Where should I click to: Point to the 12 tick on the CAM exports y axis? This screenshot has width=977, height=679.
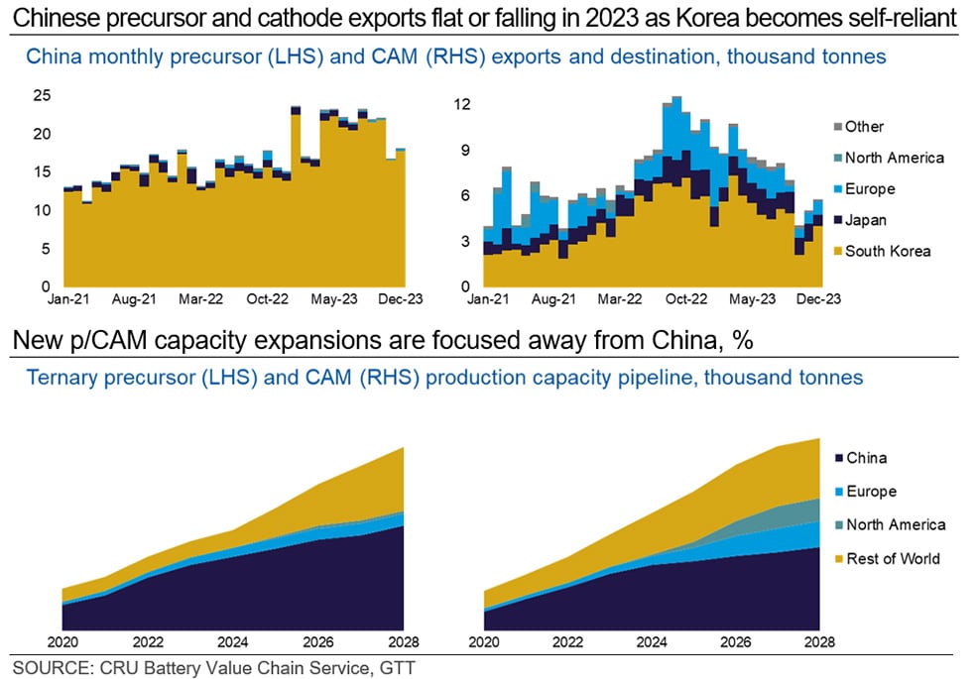tap(461, 104)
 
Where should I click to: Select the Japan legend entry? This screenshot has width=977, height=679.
tap(865, 220)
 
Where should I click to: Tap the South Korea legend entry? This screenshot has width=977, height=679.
tap(887, 251)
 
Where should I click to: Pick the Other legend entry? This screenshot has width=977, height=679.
tap(863, 126)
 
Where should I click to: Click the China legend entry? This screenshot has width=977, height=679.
tap(865, 458)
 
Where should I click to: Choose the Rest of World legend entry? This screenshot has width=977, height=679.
tap(892, 558)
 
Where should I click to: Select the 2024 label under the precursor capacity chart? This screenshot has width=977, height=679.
tap(232, 640)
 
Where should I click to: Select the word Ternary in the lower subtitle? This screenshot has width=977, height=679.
tap(59, 377)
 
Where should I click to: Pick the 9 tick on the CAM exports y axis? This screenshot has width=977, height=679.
tap(465, 150)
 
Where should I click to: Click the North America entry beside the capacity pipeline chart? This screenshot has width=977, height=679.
tap(895, 524)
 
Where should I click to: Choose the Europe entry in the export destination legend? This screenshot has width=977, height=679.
tap(869, 188)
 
